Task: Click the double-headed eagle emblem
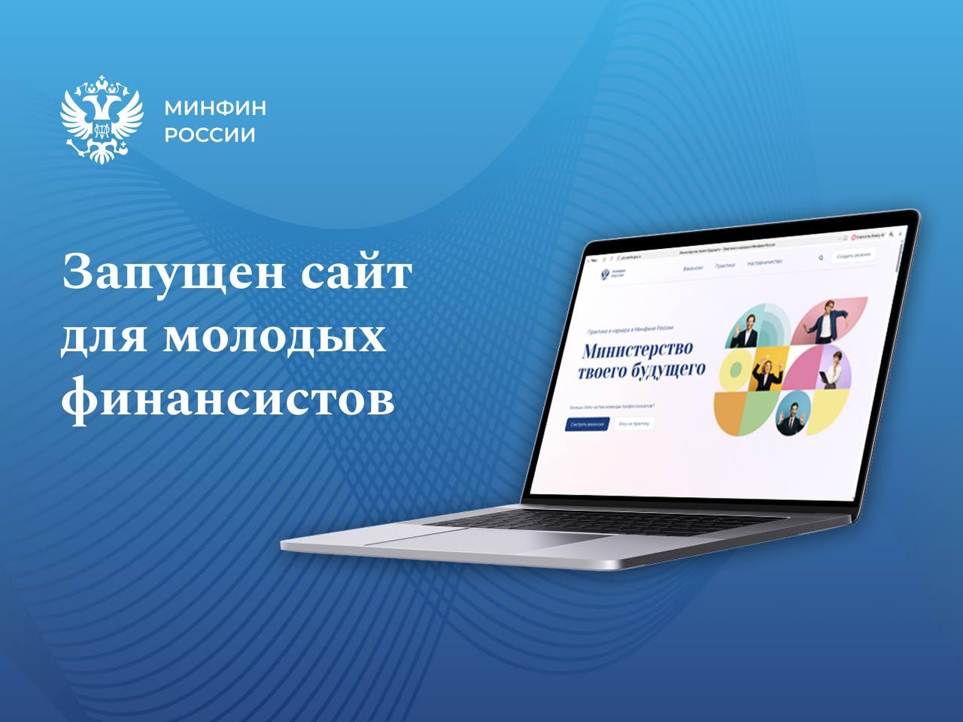click(102, 120)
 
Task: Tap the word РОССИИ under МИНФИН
click(210, 136)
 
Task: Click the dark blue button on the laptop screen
click(587, 423)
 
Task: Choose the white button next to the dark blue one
click(633, 424)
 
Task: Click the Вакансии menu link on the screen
click(693, 268)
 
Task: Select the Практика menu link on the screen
click(725, 265)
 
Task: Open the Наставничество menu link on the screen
click(764, 262)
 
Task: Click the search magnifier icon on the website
click(820, 258)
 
